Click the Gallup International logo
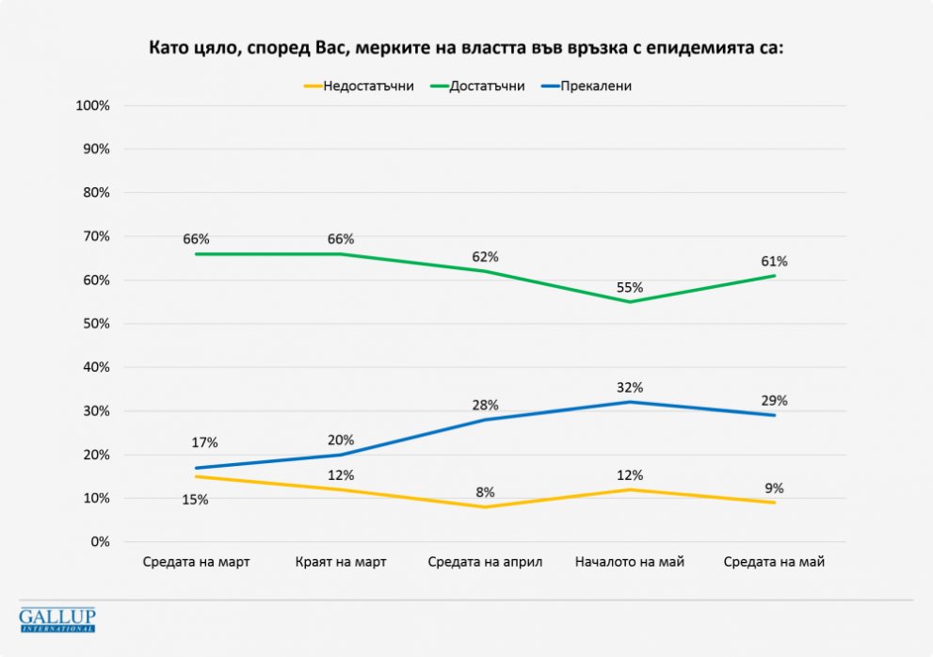click(57, 619)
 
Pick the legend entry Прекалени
click(595, 86)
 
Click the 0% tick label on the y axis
click(100, 542)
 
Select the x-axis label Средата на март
click(196, 562)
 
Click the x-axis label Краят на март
click(340, 562)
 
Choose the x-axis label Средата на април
click(485, 562)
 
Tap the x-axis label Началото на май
click(629, 562)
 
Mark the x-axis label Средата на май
click(774, 562)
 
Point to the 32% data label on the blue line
click(629, 387)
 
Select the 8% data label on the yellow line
click(485, 491)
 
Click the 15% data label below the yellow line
click(196, 500)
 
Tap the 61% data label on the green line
click(774, 261)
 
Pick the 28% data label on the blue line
click(485, 404)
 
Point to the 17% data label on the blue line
click(205, 442)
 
